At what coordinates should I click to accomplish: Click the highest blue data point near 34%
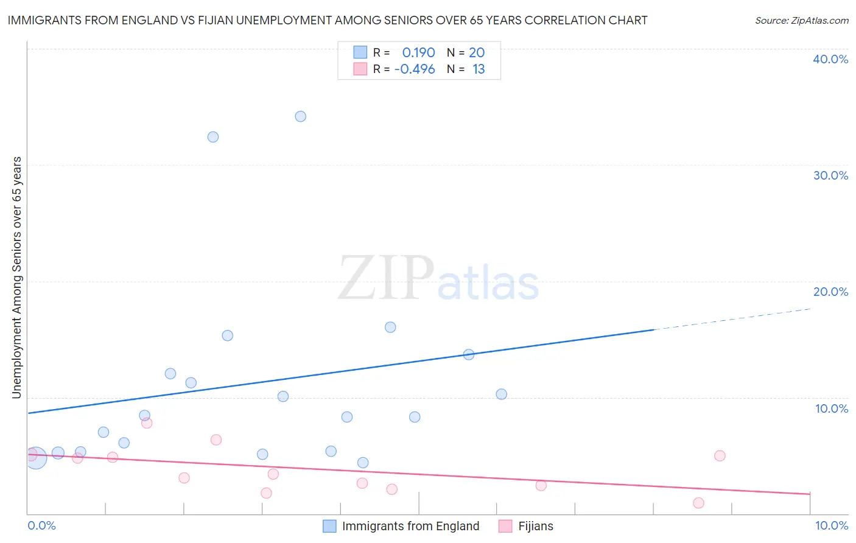point(300,116)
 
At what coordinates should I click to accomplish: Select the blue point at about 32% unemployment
point(212,137)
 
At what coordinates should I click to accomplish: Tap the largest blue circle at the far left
point(35,457)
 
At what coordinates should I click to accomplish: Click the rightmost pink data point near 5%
point(720,456)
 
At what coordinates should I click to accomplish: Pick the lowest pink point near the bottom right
point(698,503)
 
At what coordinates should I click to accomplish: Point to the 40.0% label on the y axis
point(830,59)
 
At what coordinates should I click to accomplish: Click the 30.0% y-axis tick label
point(830,175)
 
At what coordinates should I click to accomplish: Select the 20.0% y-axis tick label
point(830,292)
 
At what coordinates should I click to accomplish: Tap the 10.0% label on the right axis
point(832,408)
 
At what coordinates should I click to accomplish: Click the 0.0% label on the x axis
point(41,525)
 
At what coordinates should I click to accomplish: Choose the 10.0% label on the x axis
point(831,525)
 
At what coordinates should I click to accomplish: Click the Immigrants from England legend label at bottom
point(410,526)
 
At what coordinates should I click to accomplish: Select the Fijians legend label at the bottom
point(536,526)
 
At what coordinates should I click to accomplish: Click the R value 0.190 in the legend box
point(418,53)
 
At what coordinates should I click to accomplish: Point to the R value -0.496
point(415,69)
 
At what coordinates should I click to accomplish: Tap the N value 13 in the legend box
point(479,69)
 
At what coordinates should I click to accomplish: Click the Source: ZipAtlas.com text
point(801,20)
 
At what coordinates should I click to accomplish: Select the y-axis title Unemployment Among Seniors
point(16,278)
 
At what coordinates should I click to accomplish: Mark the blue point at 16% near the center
point(390,327)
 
